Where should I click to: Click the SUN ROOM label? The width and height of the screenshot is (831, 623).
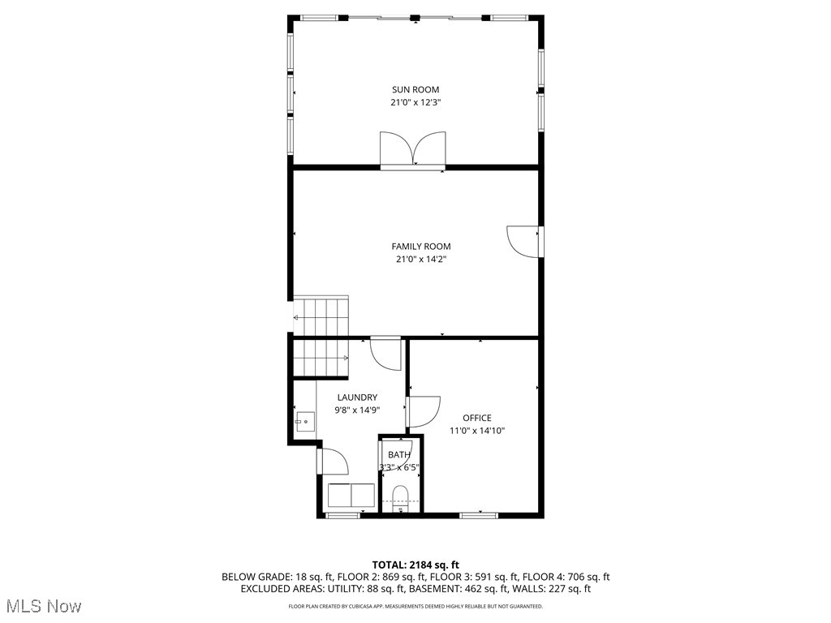point(415,89)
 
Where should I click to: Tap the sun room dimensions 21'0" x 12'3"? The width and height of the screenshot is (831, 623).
point(415,103)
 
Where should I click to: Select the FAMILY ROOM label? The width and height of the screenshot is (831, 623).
point(420,247)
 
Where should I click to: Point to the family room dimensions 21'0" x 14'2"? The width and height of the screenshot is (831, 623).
point(420,260)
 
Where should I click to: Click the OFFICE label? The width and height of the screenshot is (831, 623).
point(477,419)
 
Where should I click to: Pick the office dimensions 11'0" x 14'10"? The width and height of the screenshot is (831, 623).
point(477,432)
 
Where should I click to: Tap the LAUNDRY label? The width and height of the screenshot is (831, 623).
point(357,397)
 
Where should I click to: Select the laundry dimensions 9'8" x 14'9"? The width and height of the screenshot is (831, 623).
point(357,410)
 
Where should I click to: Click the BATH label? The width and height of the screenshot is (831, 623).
point(398,455)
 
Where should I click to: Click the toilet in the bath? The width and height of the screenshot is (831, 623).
point(400,496)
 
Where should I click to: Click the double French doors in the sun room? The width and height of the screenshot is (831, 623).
point(414,149)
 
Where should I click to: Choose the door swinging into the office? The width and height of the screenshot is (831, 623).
point(424,411)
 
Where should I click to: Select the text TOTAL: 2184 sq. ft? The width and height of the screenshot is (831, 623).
point(415,565)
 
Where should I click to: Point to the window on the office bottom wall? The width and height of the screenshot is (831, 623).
point(478,514)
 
